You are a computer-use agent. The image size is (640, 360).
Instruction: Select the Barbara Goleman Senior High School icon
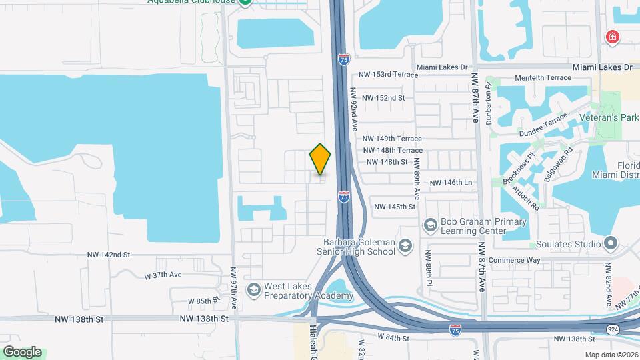[x=405, y=248]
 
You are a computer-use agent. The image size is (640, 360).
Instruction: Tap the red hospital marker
[x=611, y=36]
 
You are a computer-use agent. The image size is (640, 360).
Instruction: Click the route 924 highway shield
[x=611, y=329]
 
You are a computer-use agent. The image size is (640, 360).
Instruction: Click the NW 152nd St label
[x=381, y=98]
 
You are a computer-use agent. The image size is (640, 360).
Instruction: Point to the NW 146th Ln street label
[x=451, y=183]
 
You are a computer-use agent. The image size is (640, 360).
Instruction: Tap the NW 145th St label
[x=395, y=207]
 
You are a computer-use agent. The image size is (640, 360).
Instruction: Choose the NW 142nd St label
[x=109, y=255]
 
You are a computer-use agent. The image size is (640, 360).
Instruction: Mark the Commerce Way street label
[x=513, y=260]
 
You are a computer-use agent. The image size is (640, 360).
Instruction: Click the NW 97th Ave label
[x=233, y=287]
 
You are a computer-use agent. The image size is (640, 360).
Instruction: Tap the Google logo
[x=22, y=351]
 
